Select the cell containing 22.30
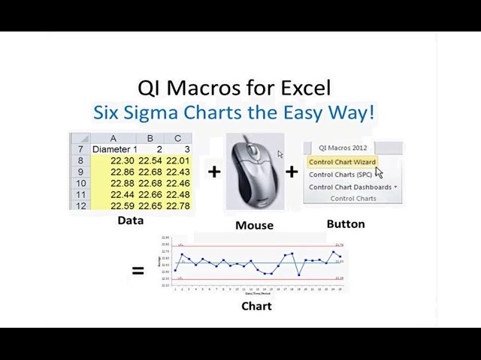pos(123,160)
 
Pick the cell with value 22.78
pos(178,205)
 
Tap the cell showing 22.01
pos(178,160)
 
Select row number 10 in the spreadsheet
pos(80,183)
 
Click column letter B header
pos(150,138)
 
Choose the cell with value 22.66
pos(150,194)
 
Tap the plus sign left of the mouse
pos(214,172)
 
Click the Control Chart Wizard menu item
pos(342,162)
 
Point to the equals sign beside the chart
pos(138,270)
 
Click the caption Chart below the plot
pos(256,306)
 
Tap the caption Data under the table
pos(131,220)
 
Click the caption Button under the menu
pos(346,223)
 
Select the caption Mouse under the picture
pos(254,225)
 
